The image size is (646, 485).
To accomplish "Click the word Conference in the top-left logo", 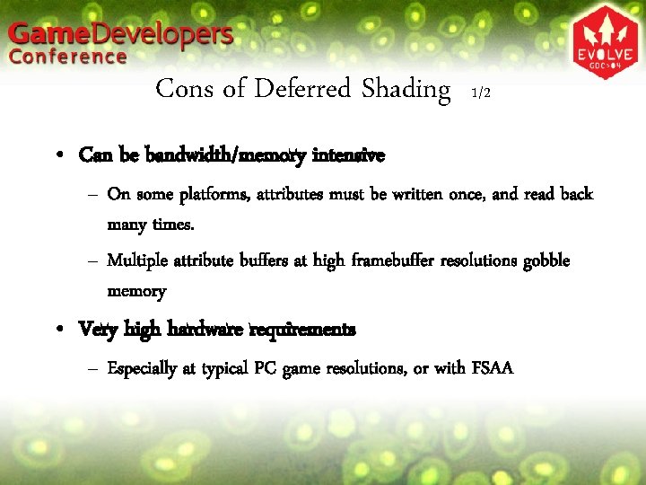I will [69, 57].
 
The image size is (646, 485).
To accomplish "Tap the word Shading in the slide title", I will [406, 89].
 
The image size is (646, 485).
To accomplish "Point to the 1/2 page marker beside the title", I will [480, 93].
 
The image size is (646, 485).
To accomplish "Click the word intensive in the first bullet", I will [348, 155].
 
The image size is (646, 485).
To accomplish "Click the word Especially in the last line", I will [144, 368].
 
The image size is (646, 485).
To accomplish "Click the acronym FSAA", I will [492, 367].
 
